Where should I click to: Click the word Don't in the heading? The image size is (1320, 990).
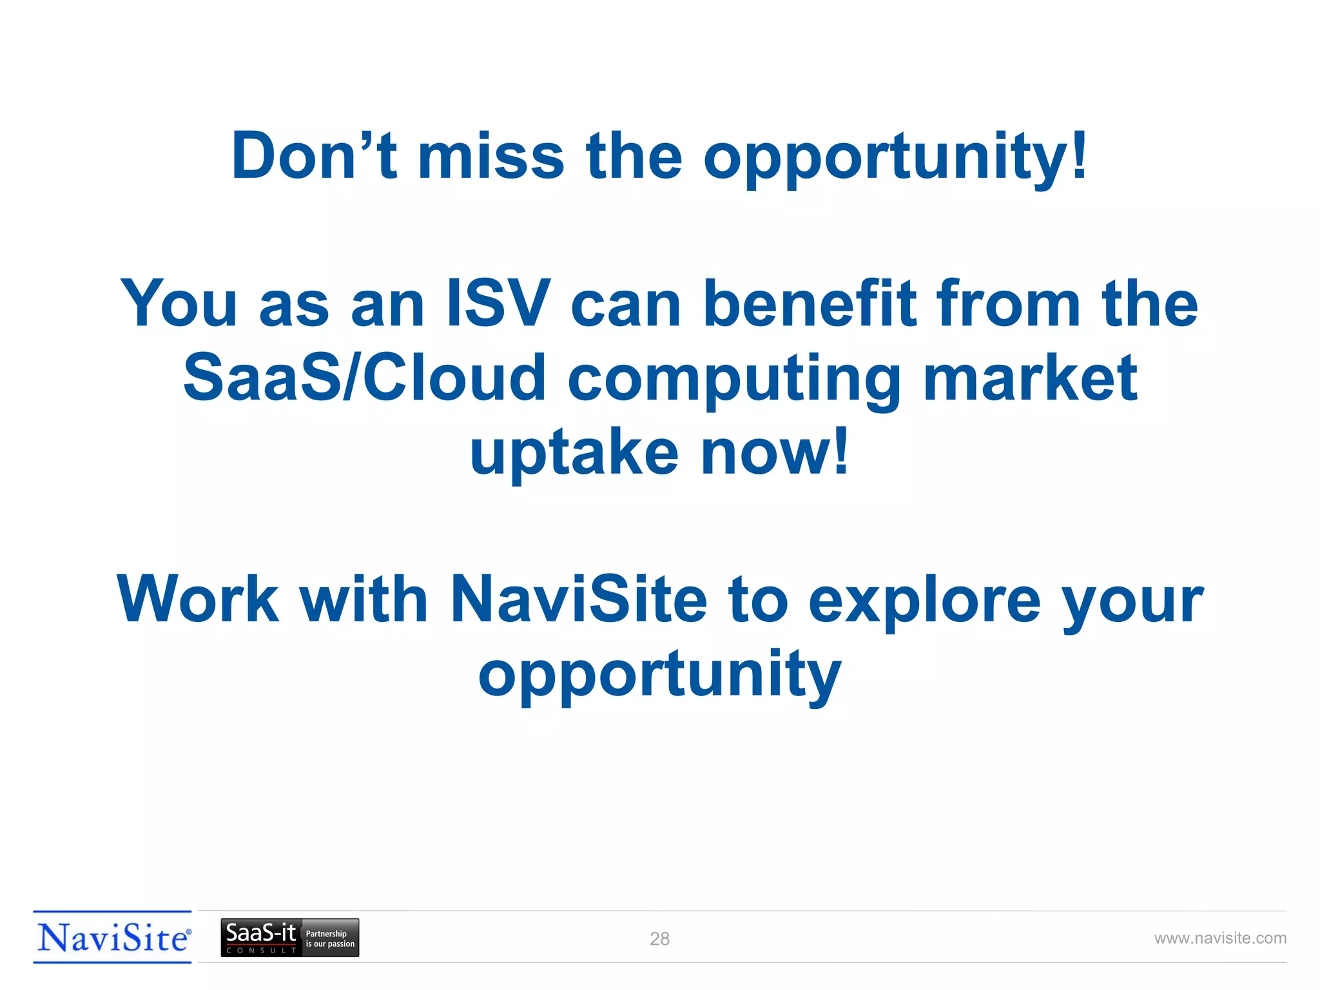point(314,156)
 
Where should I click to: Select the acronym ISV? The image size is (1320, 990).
point(498,303)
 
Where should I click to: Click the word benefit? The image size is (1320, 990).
point(810,303)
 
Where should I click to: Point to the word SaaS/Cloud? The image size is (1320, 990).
point(364,378)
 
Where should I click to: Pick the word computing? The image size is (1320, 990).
point(734,380)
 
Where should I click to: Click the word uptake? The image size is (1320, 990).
point(574,452)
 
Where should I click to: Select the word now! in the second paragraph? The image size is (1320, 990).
point(775,451)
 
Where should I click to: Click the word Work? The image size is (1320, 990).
point(198,599)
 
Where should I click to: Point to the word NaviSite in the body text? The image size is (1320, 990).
point(578,599)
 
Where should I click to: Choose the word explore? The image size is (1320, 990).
point(924,602)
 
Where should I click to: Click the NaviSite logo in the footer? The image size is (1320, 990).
point(113,937)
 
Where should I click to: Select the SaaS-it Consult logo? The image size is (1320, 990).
point(260,938)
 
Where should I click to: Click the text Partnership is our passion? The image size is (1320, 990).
point(330,938)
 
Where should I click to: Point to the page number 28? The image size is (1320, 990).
point(659,939)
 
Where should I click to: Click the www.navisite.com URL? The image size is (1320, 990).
point(1220,938)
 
